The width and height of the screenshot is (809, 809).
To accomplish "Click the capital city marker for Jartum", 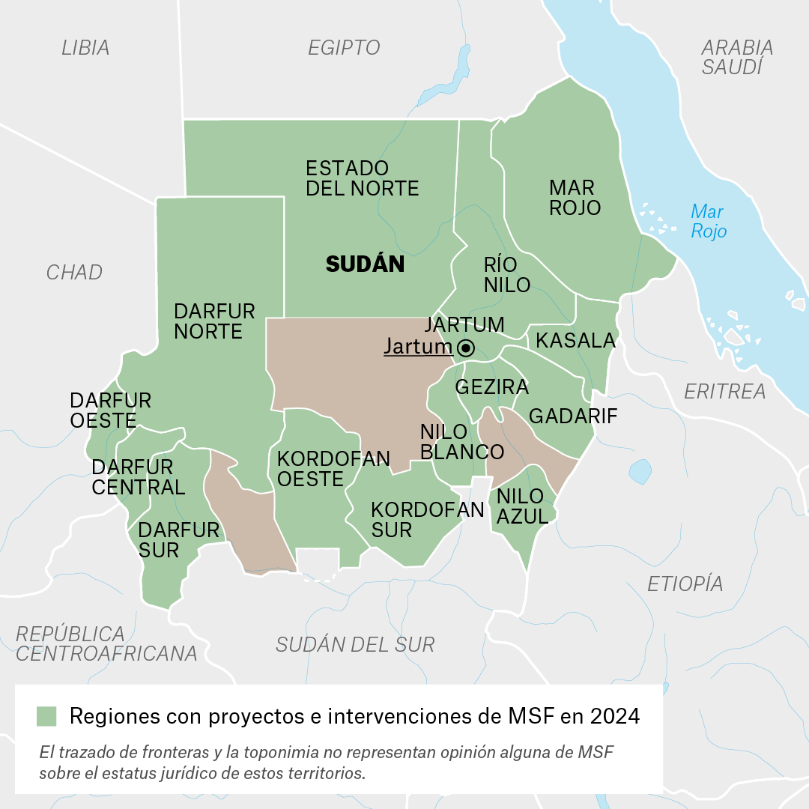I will (x=466, y=348).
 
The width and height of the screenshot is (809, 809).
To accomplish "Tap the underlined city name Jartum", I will (x=418, y=347).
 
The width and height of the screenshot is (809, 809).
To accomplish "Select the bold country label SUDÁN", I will (x=365, y=264).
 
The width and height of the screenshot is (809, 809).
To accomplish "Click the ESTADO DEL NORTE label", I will (x=362, y=178).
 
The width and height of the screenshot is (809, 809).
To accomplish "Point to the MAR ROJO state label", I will (x=575, y=197).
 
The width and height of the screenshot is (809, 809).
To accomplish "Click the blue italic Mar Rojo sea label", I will (x=708, y=221).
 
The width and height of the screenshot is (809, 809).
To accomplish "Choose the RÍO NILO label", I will (x=507, y=274).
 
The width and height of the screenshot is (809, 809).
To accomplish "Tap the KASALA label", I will (x=575, y=341).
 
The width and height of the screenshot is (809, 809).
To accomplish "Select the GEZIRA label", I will (x=492, y=387).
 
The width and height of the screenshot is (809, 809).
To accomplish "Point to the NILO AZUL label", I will (x=521, y=506).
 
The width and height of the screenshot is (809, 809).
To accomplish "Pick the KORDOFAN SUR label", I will (x=428, y=520).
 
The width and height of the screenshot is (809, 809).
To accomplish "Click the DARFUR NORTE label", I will (x=214, y=321).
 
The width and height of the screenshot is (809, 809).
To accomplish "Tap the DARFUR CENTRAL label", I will (x=138, y=477).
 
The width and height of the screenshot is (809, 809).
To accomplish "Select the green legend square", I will (x=46, y=716).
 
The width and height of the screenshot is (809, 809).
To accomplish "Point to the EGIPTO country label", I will (x=345, y=48).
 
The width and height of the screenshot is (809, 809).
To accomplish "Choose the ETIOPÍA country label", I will (x=685, y=584).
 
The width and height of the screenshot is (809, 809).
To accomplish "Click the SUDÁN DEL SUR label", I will (x=355, y=644).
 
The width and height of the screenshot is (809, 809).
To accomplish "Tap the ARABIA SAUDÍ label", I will (x=737, y=57).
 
